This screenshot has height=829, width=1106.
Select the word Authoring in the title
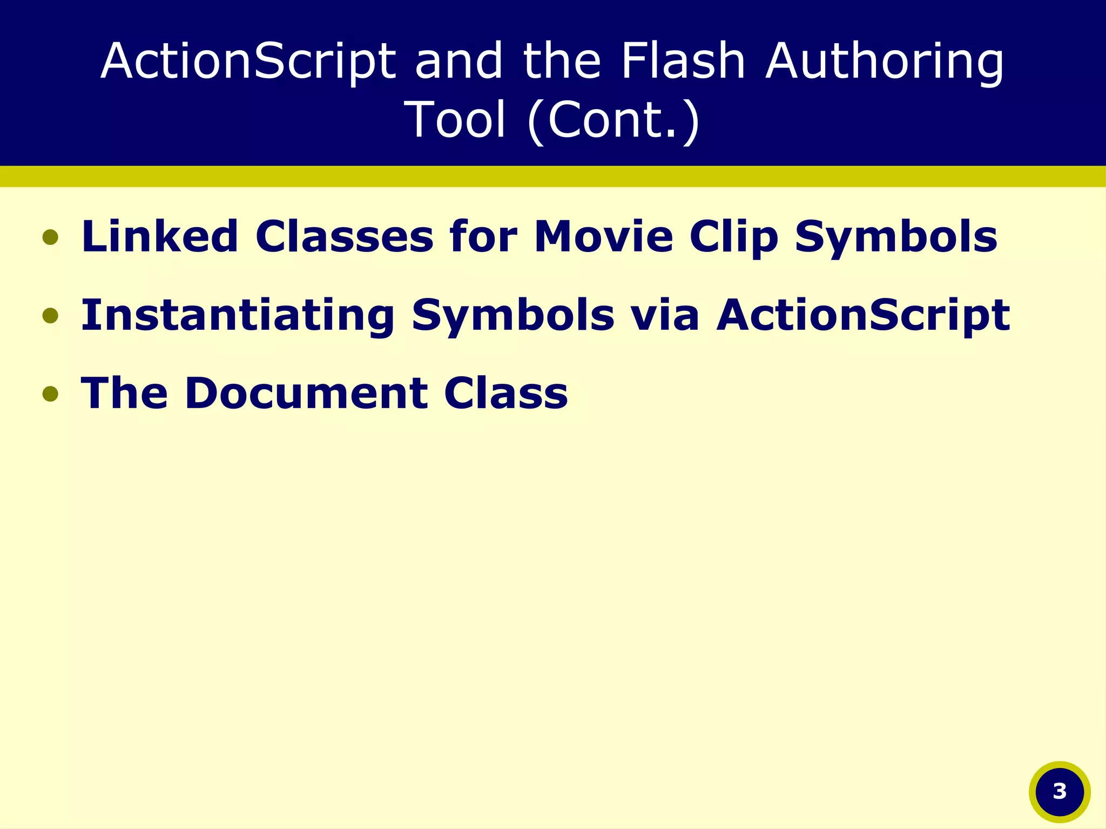tap(885, 62)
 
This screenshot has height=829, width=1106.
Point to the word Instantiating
tap(238, 315)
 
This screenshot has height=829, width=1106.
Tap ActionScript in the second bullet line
tap(863, 316)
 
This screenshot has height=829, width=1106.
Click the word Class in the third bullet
tap(506, 393)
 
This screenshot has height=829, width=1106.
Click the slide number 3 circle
tap(1060, 792)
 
